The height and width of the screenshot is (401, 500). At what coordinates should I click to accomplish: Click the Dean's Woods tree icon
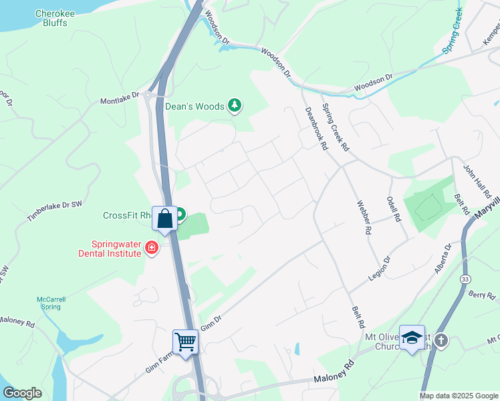click(x=235, y=105)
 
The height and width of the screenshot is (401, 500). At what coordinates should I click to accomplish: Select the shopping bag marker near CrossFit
click(x=164, y=218)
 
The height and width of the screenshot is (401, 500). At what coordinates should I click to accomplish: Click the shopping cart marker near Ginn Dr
click(x=185, y=342)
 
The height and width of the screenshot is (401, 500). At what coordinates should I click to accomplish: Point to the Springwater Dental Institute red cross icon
click(x=152, y=249)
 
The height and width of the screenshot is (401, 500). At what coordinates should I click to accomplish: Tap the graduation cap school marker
click(x=412, y=338)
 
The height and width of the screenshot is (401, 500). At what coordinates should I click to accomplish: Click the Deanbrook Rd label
click(x=316, y=128)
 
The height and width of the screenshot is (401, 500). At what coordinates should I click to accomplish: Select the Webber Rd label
click(x=364, y=217)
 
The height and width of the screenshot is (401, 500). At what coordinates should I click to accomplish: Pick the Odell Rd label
click(x=393, y=209)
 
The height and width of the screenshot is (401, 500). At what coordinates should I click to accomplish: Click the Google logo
click(x=22, y=394)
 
